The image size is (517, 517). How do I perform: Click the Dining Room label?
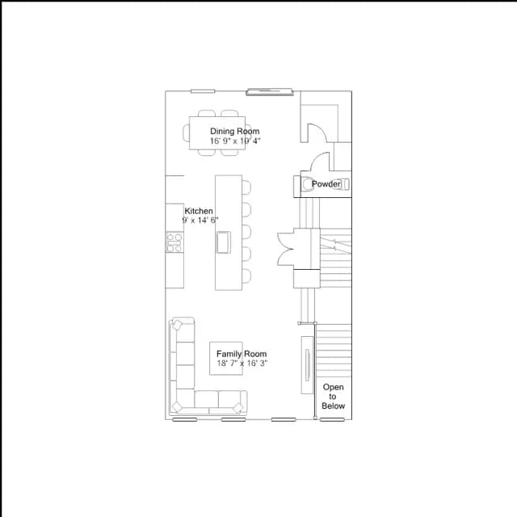(235, 131)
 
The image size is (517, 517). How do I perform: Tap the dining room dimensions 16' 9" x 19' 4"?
(235, 141)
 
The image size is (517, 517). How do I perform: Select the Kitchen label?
(199, 211)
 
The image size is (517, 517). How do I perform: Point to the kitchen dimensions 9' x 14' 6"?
(200, 220)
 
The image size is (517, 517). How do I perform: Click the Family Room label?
(242, 354)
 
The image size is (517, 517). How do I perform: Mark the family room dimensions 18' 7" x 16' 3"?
(242, 364)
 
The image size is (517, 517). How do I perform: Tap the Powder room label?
(326, 184)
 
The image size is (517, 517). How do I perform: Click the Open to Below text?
(333, 397)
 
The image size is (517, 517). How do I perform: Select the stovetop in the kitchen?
(174, 242)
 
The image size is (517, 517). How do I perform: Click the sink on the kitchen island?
(223, 242)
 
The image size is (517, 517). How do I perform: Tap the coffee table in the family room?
(226, 359)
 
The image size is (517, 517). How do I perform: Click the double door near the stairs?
(285, 249)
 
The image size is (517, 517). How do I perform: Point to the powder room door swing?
(321, 162)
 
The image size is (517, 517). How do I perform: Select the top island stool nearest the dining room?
(246, 187)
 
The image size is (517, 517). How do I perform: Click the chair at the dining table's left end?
(187, 132)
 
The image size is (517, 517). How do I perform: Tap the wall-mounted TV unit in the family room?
(307, 365)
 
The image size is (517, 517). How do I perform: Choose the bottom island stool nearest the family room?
(246, 276)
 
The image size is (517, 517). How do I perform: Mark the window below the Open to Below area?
(332, 419)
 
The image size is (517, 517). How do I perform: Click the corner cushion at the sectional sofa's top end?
(177, 325)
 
